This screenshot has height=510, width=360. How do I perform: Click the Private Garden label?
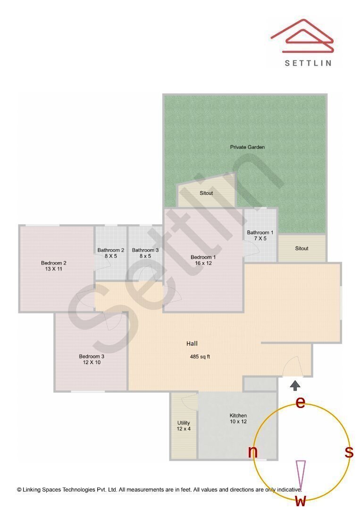point(247,147)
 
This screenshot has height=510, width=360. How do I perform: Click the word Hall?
point(192,344)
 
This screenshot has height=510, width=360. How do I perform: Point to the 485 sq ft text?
point(200,357)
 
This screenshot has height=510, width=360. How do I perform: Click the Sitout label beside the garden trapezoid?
point(206,193)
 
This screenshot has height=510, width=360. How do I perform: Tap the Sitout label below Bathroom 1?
point(301,248)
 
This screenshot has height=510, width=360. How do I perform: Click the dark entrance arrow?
point(295,385)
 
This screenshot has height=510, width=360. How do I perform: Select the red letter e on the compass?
point(300,402)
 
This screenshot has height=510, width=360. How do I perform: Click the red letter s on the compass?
point(349,452)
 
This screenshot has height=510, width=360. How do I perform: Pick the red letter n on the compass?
point(253,452)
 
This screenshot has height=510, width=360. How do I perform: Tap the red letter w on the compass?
point(301,501)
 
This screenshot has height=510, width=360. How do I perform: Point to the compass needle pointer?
point(300,475)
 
